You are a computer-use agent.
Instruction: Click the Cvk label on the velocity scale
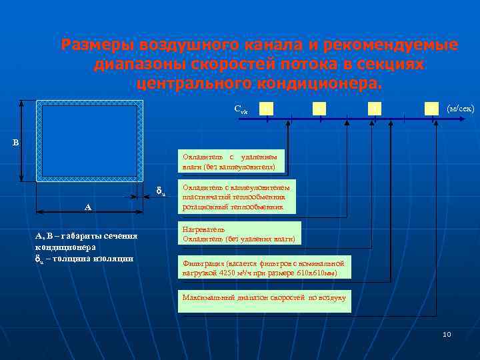tap(241, 109)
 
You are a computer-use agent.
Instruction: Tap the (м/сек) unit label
tap(461, 107)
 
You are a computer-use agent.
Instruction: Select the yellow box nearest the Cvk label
tap(266, 108)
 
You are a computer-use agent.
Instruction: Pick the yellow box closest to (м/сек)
tap(432, 108)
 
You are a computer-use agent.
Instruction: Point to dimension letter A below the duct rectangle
tap(87, 207)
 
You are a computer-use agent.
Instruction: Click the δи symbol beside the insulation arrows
tap(161, 193)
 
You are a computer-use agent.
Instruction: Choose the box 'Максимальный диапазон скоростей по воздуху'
tap(264, 297)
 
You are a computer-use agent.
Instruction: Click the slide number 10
tap(447, 334)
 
